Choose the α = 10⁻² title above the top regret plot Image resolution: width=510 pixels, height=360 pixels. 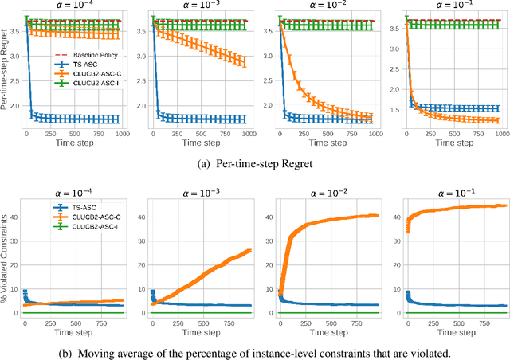[328, 7]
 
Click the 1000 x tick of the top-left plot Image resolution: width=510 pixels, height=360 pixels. [122, 136]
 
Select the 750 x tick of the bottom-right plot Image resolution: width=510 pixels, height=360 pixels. [483, 323]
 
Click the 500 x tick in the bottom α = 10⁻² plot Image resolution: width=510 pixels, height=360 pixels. [328, 323]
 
